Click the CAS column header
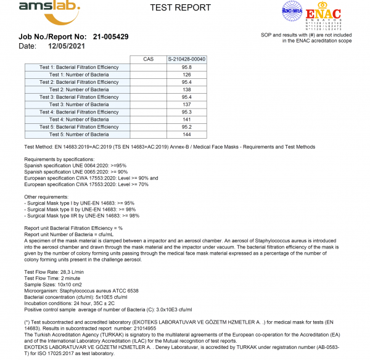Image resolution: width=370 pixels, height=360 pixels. pyautogui.click(x=148, y=59)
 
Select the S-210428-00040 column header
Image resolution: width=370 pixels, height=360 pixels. pyautogui.click(x=186, y=59)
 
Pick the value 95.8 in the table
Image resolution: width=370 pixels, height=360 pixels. pyautogui.click(x=186, y=67)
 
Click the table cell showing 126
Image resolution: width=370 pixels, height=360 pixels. pyautogui.click(x=186, y=75)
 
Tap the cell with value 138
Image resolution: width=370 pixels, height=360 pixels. pyautogui.click(x=186, y=89)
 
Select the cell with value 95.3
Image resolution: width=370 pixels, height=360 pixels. pyautogui.click(x=186, y=112)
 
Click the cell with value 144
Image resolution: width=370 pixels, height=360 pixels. pyautogui.click(x=186, y=134)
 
